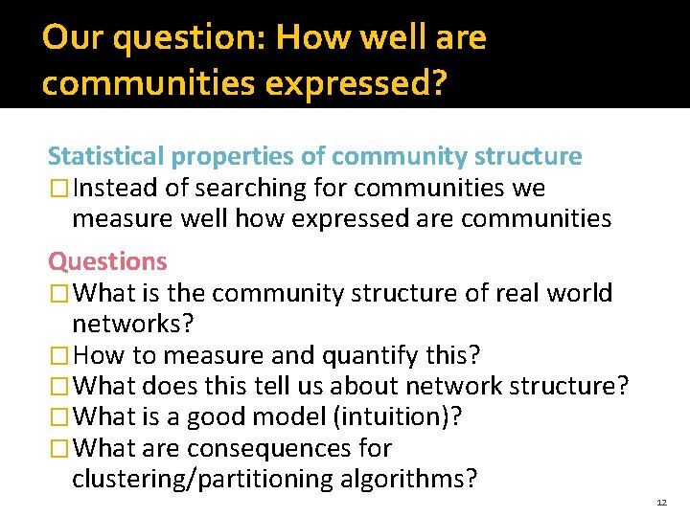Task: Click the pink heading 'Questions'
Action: point(107,261)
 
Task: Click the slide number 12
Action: point(662,502)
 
